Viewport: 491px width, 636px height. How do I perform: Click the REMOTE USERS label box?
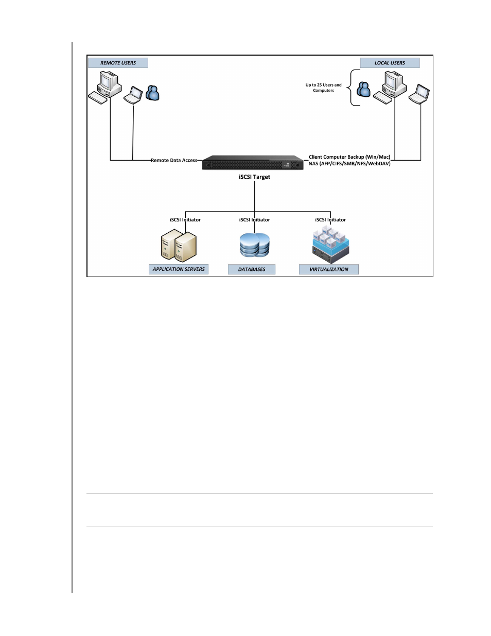[x=118, y=63]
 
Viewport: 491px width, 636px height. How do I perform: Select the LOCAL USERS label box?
[x=390, y=63]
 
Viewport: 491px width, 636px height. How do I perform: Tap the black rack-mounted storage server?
[x=253, y=162]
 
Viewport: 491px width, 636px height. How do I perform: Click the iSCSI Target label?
[x=254, y=177]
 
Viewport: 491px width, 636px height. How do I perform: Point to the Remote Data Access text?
[x=174, y=160]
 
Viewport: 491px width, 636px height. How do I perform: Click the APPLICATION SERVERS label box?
[x=179, y=269]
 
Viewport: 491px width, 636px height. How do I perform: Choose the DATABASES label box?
[x=252, y=269]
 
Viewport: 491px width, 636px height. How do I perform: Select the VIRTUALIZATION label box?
[x=329, y=269]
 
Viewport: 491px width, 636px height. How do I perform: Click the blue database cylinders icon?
[x=254, y=245]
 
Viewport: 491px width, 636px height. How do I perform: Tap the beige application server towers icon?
[x=179, y=245]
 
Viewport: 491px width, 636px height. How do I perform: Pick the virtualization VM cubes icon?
[x=330, y=245]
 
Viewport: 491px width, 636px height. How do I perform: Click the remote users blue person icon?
[x=152, y=93]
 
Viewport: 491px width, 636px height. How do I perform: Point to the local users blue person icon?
[x=363, y=89]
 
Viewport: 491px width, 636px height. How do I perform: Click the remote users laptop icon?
[x=133, y=95]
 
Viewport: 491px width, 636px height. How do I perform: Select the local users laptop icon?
[x=419, y=94]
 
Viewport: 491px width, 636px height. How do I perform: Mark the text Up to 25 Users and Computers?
[x=323, y=88]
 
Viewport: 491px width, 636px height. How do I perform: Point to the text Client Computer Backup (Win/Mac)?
[x=349, y=157]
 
